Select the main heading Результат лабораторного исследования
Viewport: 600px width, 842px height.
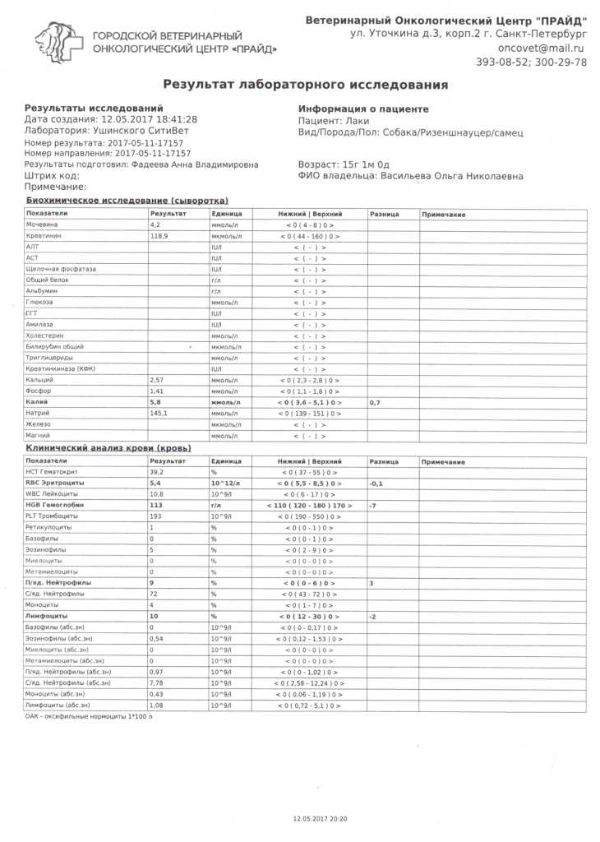pyautogui.click(x=305, y=84)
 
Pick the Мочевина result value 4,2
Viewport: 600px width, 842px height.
pyautogui.click(x=155, y=224)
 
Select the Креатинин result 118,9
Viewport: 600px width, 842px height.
pyautogui.click(x=159, y=236)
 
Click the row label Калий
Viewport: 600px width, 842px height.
pyautogui.click(x=39, y=402)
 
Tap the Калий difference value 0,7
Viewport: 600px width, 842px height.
pyautogui.click(x=375, y=402)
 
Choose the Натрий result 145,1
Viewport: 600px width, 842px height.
pyautogui.click(x=159, y=414)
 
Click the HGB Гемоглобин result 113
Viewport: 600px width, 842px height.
pyautogui.click(x=156, y=505)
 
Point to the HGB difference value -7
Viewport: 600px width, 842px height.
pyautogui.click(x=374, y=505)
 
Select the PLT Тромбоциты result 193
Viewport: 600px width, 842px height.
pyautogui.click(x=155, y=516)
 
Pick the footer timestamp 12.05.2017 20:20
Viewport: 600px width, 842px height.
pyautogui.click(x=321, y=819)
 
